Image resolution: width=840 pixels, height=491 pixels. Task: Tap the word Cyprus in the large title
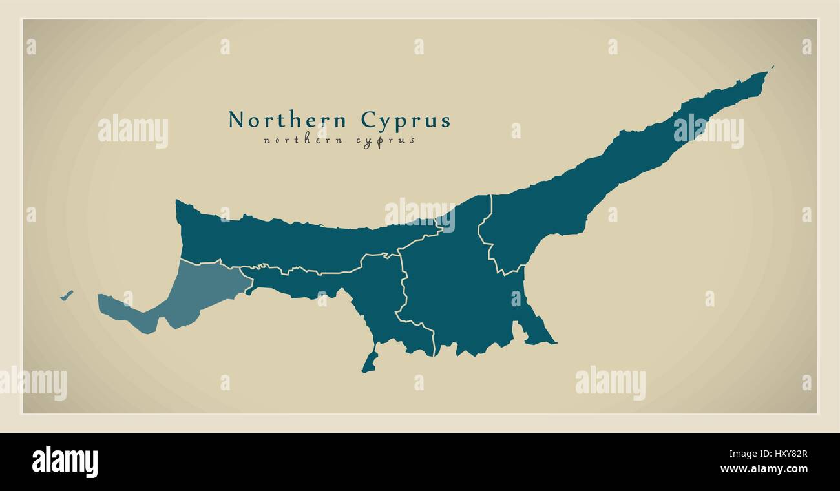(405, 121)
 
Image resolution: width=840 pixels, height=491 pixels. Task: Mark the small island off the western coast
(66, 295)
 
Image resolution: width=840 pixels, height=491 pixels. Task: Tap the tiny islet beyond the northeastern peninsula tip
(772, 67)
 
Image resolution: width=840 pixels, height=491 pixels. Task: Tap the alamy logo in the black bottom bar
(65, 461)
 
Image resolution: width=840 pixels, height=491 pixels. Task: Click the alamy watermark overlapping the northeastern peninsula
(708, 131)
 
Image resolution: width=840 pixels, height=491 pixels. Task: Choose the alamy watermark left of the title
(133, 131)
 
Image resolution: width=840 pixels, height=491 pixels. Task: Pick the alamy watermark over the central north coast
(419, 214)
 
